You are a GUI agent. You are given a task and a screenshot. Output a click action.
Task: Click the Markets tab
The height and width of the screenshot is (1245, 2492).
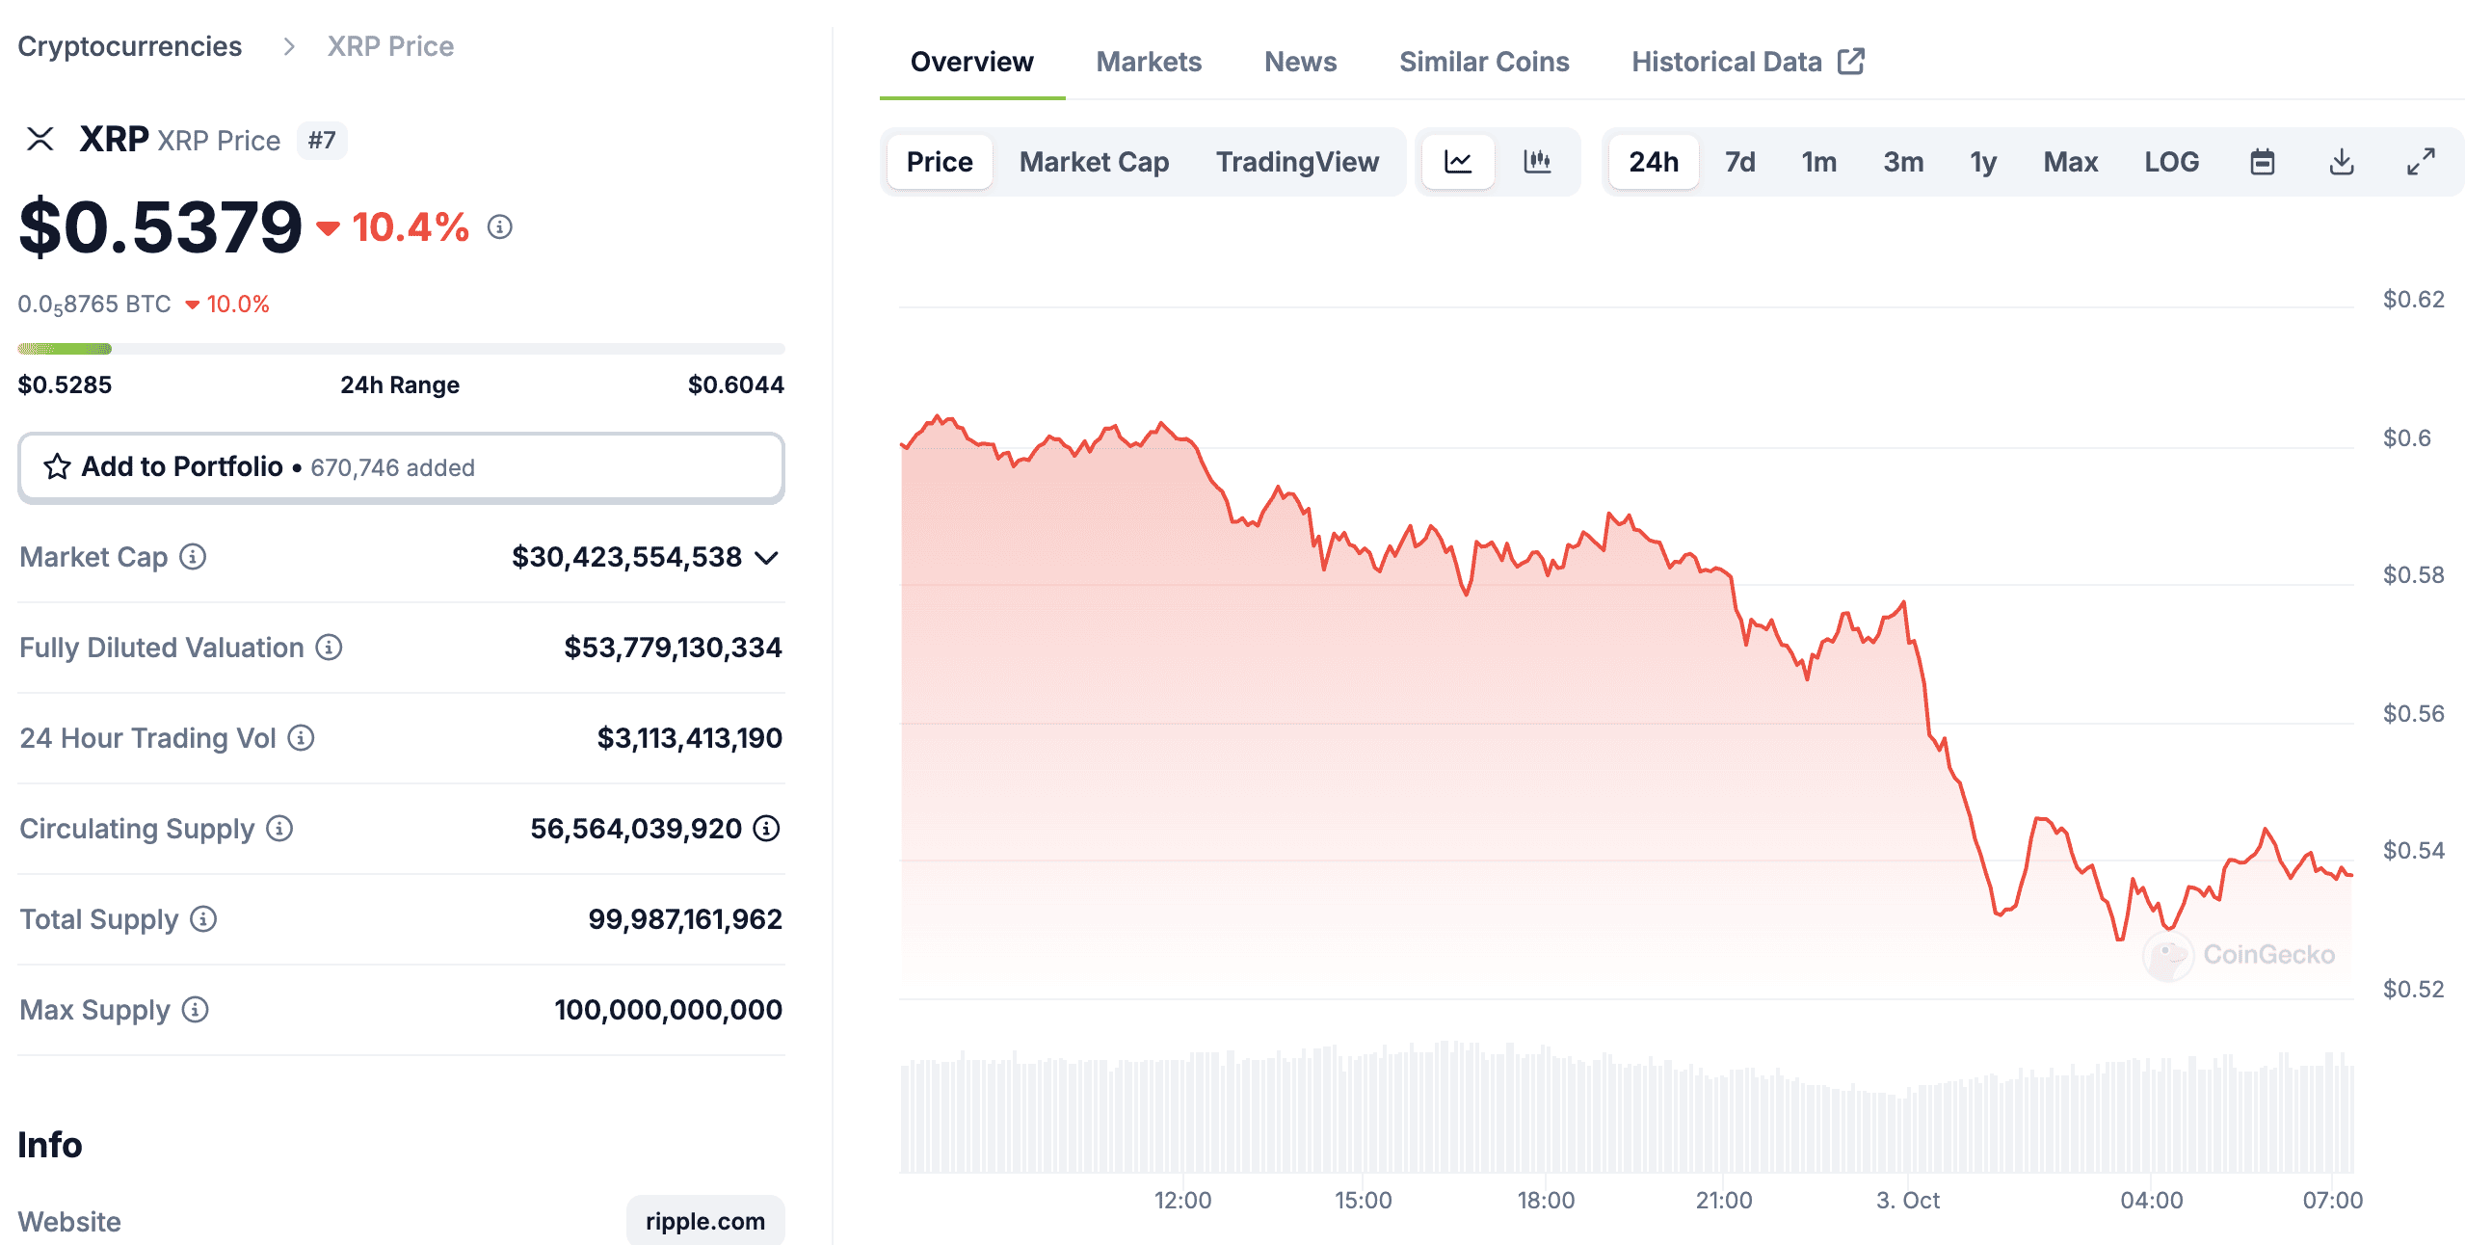pos(1149,62)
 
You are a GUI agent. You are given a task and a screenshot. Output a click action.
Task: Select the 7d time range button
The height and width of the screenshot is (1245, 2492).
pos(1739,162)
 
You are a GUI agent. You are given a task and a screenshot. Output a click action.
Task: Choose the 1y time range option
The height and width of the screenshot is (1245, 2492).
pos(1982,162)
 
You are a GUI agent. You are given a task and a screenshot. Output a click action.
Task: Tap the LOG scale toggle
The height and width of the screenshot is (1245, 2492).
pos(2171,162)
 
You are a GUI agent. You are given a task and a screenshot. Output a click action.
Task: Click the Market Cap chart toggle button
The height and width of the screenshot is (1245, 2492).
pos(1093,162)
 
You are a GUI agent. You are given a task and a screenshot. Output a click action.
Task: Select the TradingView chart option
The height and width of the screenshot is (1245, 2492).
pos(1296,162)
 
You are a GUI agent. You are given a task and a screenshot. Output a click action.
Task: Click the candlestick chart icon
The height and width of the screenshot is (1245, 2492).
pos(1536,162)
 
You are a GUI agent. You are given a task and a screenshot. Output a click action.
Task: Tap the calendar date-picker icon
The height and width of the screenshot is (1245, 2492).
pos(2262,162)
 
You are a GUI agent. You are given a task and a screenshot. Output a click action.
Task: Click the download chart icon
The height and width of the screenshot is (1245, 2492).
pos(2341,162)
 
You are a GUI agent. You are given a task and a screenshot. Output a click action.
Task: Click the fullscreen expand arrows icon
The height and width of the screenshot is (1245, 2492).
pos(2421,162)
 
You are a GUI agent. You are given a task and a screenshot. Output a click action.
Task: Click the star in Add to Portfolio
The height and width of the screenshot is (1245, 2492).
pos(57,467)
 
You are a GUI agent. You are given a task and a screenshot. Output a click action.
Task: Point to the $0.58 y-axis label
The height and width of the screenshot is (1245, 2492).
pos(2413,575)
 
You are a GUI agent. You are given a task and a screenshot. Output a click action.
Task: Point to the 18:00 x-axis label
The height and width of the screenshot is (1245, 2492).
pos(1545,1201)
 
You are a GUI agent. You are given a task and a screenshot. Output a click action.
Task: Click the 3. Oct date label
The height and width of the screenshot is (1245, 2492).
pos(1907,1201)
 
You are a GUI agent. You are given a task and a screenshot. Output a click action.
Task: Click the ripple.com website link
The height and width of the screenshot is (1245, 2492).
pos(704,1221)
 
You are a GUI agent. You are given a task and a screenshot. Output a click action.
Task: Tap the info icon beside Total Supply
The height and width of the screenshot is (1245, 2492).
pos(203,919)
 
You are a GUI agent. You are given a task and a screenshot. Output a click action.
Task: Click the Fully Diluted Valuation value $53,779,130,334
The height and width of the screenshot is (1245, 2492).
pos(673,648)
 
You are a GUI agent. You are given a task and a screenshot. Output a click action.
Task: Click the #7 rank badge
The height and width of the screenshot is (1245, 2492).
pos(321,141)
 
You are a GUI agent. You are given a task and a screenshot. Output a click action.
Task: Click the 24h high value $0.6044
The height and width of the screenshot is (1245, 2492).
pos(735,385)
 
